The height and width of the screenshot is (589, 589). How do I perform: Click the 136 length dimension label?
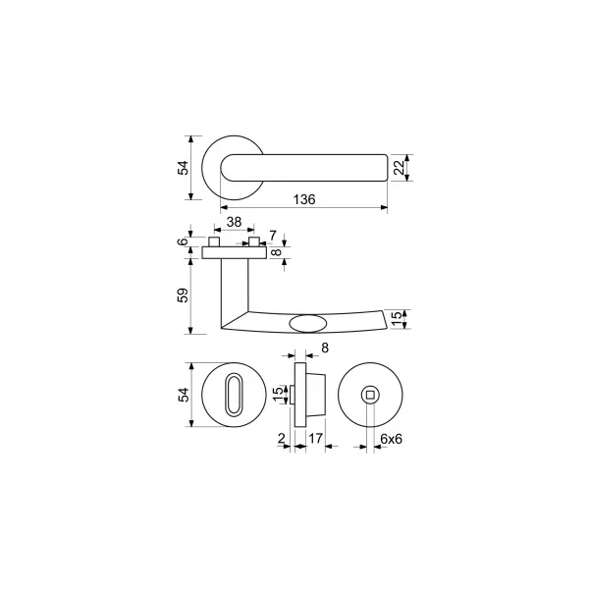[304, 199]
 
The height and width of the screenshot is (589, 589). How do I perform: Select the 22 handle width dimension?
[400, 168]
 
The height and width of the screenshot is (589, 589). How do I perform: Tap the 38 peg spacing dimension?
[234, 222]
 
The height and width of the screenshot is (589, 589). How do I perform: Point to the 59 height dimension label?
[183, 295]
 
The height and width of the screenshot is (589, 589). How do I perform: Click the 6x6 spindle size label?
[391, 439]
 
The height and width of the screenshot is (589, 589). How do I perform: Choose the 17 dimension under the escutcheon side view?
[315, 438]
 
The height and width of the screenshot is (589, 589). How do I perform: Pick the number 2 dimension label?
[282, 438]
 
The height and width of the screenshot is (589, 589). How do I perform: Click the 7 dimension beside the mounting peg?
[273, 236]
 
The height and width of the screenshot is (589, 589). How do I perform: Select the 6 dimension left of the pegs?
[183, 241]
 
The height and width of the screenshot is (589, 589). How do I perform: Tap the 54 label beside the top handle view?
[183, 168]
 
